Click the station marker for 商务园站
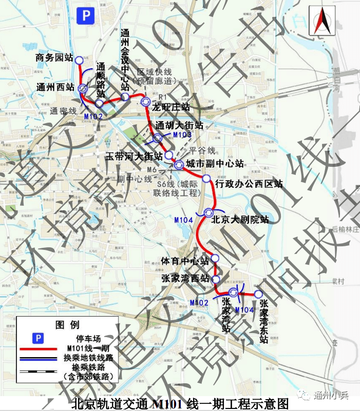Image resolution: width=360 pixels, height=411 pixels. click(79, 61)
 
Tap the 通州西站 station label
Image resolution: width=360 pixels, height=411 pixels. click(55, 88)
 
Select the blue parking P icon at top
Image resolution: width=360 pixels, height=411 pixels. click(85, 16)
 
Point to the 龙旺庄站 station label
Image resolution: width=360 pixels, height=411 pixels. click(172, 107)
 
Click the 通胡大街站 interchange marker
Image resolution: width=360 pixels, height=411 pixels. click(158, 138)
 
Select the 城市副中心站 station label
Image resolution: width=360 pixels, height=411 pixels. click(215, 164)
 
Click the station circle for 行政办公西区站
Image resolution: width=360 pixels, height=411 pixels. click(206, 179)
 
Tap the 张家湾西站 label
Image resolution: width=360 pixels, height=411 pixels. click(185, 279)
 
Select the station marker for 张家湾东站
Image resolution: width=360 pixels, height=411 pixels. click(259, 294)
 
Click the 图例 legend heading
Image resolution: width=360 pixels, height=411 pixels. click(67, 325)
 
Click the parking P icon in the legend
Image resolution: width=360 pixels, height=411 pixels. click(37, 338)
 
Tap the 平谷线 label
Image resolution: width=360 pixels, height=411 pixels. click(201, 150)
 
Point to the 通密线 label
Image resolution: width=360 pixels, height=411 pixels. click(63, 110)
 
